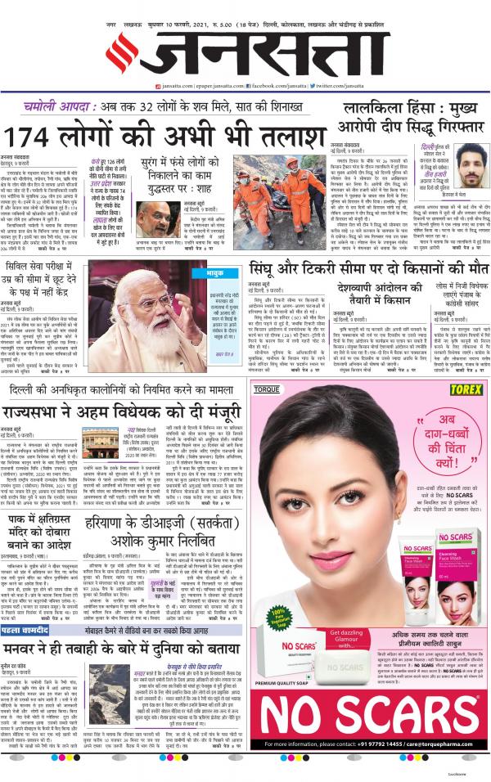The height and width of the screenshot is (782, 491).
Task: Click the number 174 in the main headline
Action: coord(29,136)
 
